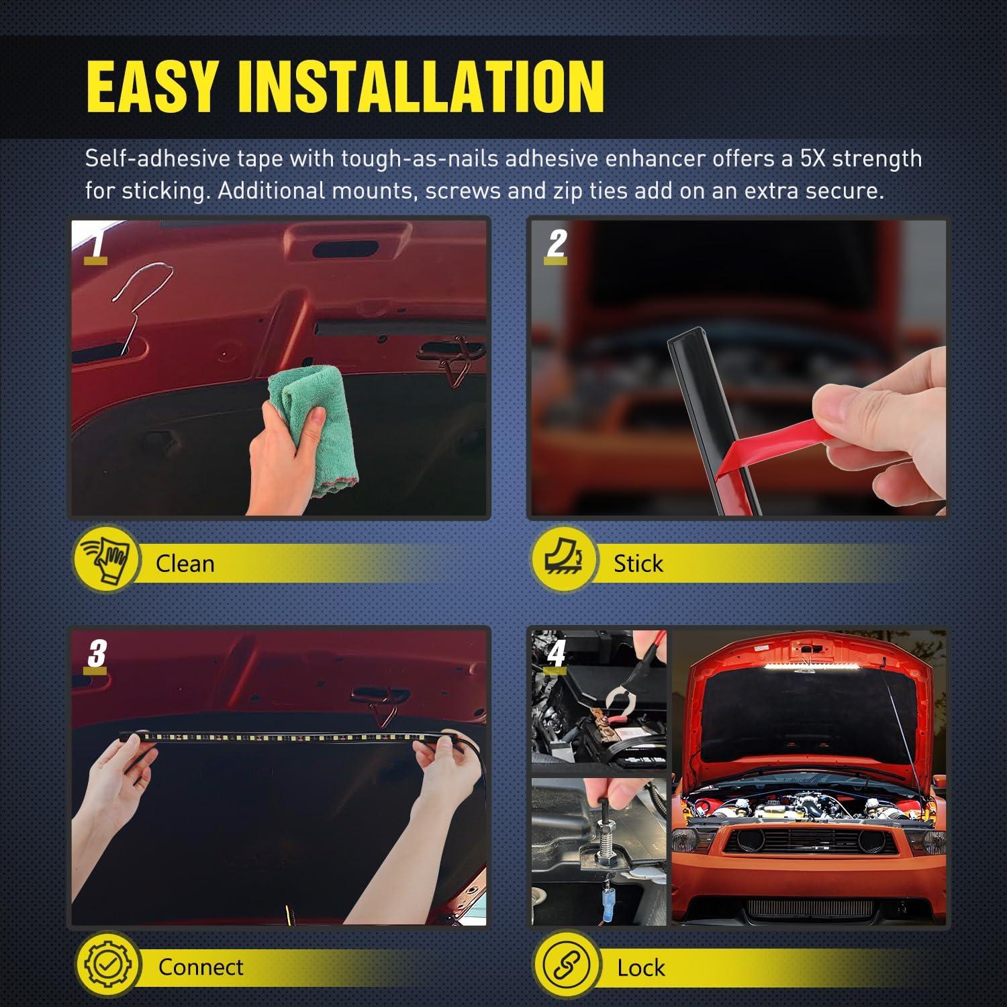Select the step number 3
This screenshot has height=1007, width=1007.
(97, 653)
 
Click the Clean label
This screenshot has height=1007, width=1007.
(185, 563)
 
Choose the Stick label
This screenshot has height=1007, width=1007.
(638, 563)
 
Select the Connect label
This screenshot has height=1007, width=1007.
(201, 967)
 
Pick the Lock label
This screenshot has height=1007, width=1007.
(640, 967)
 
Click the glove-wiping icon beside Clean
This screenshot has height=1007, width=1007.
(106, 561)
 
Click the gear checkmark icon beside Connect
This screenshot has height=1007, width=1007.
(107, 964)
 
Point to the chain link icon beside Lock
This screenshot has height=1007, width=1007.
(567, 965)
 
